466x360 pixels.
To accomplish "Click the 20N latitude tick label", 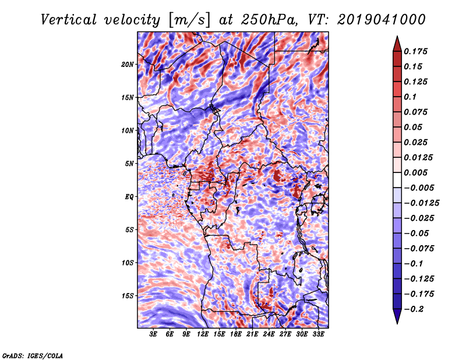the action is [x=128, y=65].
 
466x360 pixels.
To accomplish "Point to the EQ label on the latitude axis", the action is [x=129, y=197].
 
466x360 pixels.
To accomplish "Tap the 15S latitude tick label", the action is [x=128, y=296].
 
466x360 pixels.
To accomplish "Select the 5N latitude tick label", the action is [x=129, y=164].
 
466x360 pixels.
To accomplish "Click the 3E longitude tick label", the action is [x=153, y=334].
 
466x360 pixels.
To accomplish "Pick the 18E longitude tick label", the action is [x=236, y=334].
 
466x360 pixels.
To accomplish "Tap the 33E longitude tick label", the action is [x=318, y=334].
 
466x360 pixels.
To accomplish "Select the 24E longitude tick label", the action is [x=269, y=334].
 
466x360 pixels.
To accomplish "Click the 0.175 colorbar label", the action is [x=415, y=51].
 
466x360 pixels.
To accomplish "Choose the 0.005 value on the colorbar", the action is [x=415, y=172].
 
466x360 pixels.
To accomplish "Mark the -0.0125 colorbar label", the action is [x=421, y=203].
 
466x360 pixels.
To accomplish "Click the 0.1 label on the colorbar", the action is [x=410, y=97].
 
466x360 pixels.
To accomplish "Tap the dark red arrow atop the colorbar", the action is [x=397, y=44].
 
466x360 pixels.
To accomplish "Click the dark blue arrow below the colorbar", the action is [x=397, y=316].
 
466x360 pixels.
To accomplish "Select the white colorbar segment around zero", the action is [x=397, y=180].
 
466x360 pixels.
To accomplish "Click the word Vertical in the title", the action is [x=68, y=20].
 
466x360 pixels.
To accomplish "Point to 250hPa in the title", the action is [x=269, y=20].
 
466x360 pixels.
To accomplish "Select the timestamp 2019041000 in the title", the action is [x=382, y=20].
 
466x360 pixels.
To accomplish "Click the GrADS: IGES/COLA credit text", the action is [x=33, y=355].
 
